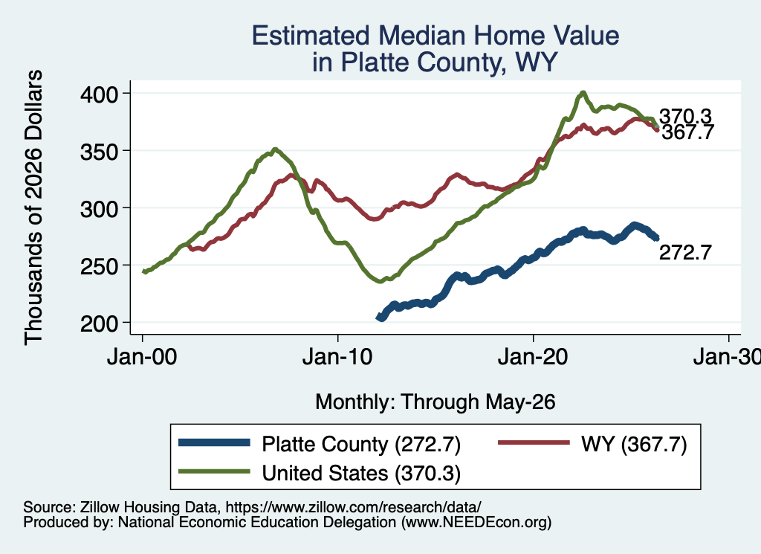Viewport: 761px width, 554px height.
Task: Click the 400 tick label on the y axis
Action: pyautogui.click(x=99, y=94)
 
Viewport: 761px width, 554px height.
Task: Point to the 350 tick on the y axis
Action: pyautogui.click(x=99, y=152)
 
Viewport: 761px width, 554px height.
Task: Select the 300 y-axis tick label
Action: pyautogui.click(x=99, y=209)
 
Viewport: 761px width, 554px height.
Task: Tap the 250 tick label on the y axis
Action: pyautogui.click(x=99, y=266)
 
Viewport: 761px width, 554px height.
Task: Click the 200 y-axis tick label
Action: pyautogui.click(x=99, y=323)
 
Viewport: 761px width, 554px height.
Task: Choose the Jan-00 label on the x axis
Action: pyautogui.click(x=142, y=358)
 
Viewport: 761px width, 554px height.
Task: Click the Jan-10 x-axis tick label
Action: pyautogui.click(x=337, y=358)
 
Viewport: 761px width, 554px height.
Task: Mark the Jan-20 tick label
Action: pyautogui.click(x=533, y=358)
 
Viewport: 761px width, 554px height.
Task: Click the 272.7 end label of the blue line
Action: pyautogui.click(x=685, y=253)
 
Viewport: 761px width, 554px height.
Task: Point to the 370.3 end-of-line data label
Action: pyautogui.click(x=685, y=117)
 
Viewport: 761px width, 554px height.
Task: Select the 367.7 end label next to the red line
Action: pyautogui.click(x=687, y=132)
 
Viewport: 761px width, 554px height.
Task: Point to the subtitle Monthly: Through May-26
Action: pyautogui.click(x=435, y=402)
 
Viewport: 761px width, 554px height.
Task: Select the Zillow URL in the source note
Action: pyautogui.click(x=353, y=507)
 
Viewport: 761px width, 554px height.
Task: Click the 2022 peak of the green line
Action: pyautogui.click(x=583, y=92)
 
